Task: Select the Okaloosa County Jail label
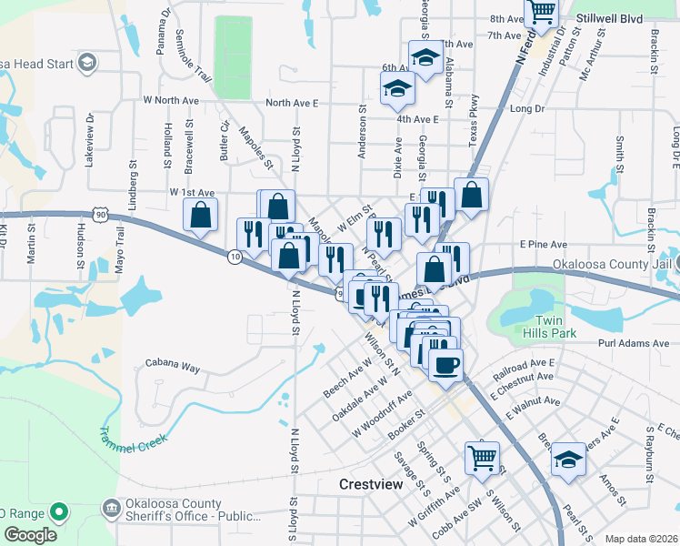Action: tap(614, 265)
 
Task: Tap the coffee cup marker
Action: tap(445, 366)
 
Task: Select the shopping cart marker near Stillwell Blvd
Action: tap(541, 13)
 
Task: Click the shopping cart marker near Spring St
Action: tap(482, 457)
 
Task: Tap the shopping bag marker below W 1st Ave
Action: tap(201, 217)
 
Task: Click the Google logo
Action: tap(29, 535)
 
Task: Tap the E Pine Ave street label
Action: tap(543, 244)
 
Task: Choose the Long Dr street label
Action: tap(526, 108)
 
